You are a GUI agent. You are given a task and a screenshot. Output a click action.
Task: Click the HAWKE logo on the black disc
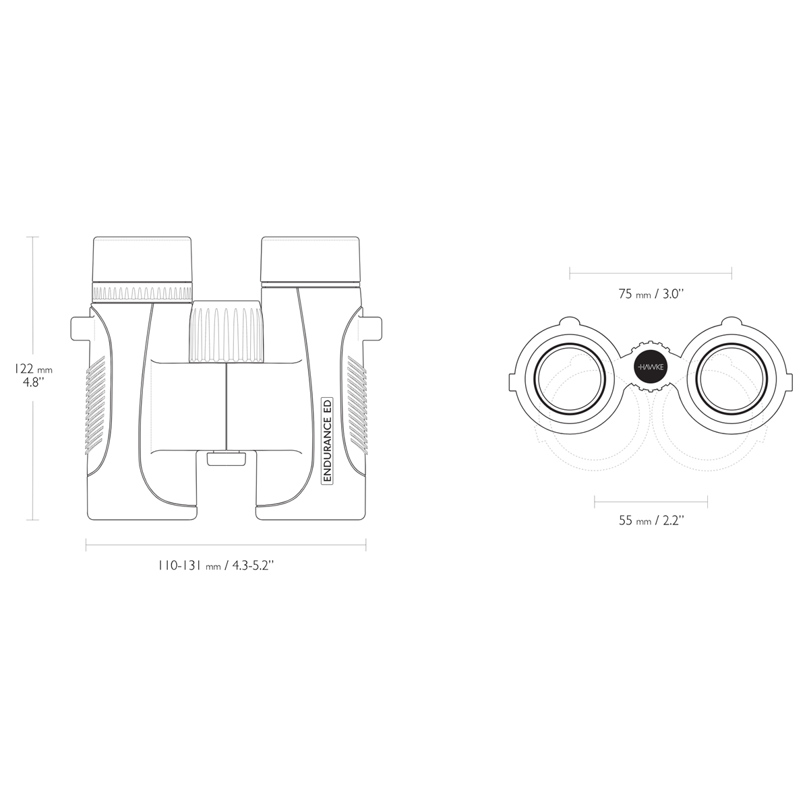[651, 367]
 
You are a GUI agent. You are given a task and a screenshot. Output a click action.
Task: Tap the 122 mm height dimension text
[34, 369]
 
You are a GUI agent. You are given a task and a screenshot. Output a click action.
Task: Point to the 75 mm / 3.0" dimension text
[651, 294]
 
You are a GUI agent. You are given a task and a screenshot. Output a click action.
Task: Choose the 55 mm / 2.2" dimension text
[651, 520]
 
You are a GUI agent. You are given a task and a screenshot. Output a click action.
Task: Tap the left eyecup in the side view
[143, 260]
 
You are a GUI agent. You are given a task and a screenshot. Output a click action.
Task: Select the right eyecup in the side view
[311, 260]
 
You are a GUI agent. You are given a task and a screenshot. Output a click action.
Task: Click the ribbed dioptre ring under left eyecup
[142, 292]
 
